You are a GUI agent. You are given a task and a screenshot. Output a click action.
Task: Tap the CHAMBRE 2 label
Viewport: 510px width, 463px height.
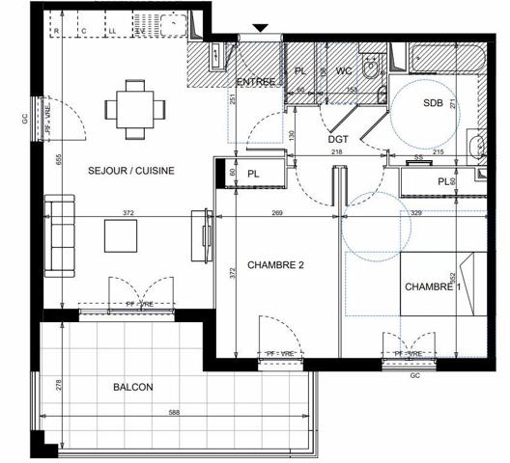pos(275,265)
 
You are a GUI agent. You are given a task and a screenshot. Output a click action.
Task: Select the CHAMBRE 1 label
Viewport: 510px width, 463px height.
pos(433,286)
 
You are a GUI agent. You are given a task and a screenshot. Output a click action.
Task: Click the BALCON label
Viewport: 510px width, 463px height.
pos(132,387)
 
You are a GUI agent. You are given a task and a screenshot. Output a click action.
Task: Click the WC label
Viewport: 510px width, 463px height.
pos(344,71)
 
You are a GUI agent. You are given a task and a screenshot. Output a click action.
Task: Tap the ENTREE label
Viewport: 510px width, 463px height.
pos(256,81)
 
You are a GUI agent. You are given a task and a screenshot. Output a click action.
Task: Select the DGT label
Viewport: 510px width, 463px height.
pos(338,138)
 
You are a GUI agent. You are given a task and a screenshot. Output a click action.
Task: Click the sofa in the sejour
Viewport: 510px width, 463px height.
pos(59,232)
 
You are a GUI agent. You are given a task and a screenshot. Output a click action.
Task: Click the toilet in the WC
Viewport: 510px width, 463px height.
pos(370,69)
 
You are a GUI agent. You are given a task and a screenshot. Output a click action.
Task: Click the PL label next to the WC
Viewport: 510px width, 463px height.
pos(300,71)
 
